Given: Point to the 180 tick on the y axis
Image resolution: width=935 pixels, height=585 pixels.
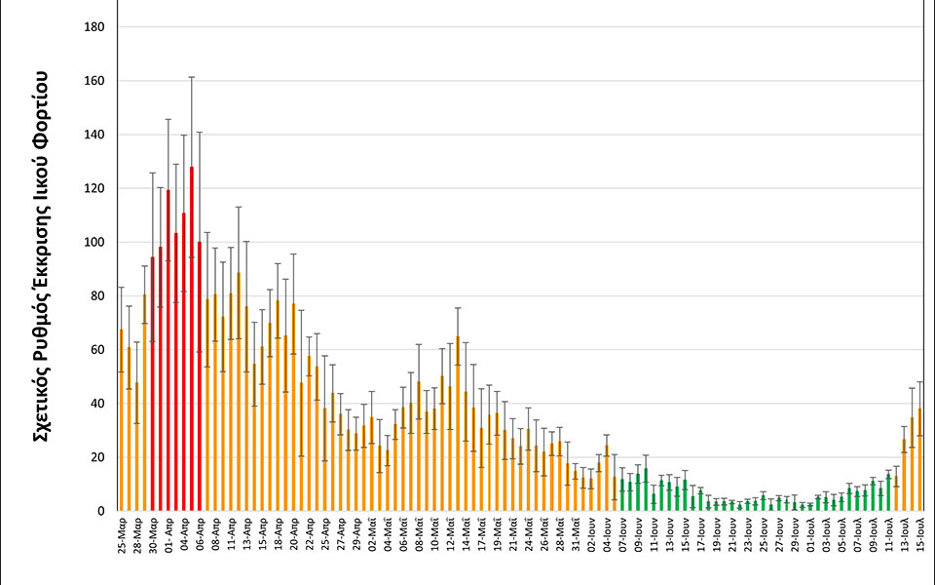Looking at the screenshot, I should [94, 26].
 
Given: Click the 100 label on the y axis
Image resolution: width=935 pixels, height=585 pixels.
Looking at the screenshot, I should [94, 242].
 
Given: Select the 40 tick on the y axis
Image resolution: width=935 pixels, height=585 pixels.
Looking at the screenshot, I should [94, 403].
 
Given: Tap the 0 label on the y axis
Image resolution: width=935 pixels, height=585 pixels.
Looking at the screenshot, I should [99, 511].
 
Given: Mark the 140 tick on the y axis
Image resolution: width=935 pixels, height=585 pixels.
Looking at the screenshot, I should [94, 135].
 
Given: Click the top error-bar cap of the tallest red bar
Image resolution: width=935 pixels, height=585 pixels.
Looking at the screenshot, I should [192, 77].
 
